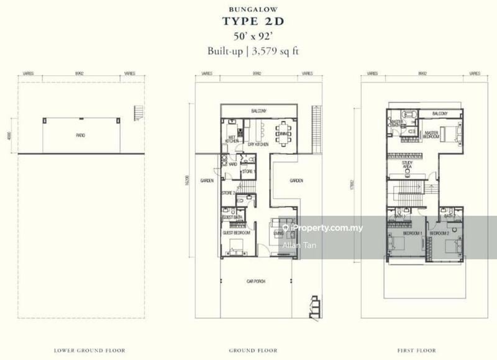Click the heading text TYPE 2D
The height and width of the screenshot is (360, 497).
pos(248,22)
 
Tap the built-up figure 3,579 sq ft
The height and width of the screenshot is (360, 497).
pos(273,52)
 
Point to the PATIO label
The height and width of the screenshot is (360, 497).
pos(81,135)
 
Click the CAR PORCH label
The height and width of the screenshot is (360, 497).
pos(255,282)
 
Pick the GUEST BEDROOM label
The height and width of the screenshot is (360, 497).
pos(236,233)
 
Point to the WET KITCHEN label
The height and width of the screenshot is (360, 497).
pos(231,139)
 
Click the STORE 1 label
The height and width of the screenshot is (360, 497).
pos(247,171)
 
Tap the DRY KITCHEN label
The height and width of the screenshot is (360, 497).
pos(258,144)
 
